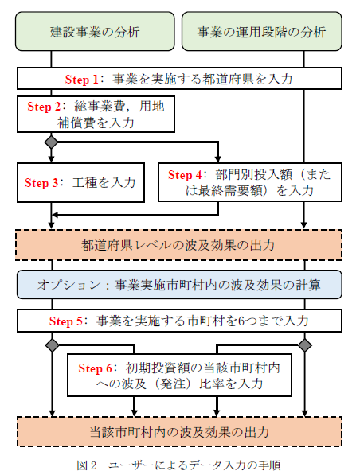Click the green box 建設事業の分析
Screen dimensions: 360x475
95,31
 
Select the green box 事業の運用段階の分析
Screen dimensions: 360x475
262,31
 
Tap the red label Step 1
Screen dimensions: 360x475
81,80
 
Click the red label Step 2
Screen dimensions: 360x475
44,107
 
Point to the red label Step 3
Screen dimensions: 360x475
41,183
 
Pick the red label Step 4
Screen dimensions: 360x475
185,175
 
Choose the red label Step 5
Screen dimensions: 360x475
66,321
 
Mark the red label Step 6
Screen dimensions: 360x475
95,368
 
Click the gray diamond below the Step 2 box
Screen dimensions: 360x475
51,142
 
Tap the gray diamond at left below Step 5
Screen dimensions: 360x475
52,345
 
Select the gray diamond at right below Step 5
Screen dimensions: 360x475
305,345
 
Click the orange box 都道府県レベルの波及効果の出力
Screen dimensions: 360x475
178,245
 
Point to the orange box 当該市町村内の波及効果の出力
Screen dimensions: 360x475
179,432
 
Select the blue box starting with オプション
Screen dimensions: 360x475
179,285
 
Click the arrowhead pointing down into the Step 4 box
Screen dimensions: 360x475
217,159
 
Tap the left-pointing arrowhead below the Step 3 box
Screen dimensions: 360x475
56,215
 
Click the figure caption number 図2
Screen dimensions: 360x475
87,465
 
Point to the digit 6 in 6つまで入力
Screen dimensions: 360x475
241,321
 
